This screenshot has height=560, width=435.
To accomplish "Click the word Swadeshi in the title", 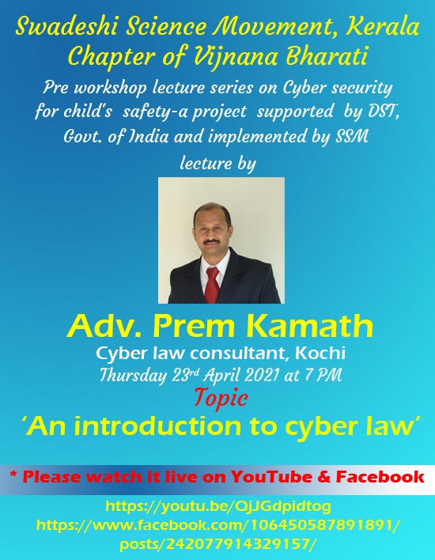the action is [66, 26].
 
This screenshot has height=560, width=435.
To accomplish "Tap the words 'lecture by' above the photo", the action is [217, 163].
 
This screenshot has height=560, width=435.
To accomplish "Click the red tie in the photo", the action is [213, 285].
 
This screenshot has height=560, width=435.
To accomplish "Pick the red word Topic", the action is [221, 397].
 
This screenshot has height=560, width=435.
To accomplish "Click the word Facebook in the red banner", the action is [380, 477].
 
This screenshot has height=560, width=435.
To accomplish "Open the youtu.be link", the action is [217, 506].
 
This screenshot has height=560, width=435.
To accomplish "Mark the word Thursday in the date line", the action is [133, 375].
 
